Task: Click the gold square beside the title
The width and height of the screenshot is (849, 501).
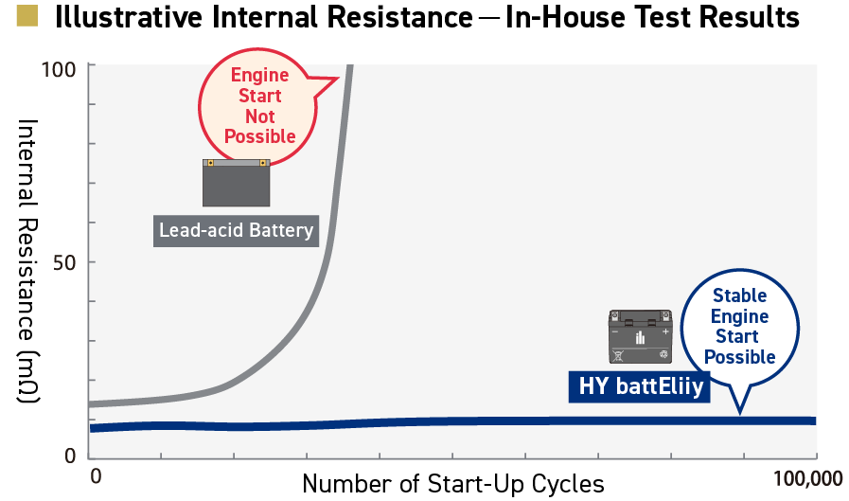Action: point(27,16)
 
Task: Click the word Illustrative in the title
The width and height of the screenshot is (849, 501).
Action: point(129,17)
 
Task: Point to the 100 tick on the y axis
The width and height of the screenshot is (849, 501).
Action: point(59,69)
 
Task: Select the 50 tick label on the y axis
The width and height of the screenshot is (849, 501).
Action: point(64,262)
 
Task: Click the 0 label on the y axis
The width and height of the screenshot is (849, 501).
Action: point(70,456)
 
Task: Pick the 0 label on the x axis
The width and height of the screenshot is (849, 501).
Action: point(96,476)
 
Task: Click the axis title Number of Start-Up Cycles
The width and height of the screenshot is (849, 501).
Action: point(453,484)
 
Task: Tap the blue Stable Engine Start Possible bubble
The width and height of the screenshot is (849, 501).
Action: point(739,327)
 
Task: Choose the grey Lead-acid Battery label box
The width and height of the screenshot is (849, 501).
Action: point(236,231)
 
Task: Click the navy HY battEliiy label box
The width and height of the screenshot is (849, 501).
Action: point(640,386)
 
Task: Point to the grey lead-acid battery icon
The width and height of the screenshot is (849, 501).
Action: point(236,183)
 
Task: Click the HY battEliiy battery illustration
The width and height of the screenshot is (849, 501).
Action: point(641,336)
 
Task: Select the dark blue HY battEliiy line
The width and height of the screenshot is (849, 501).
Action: point(452,423)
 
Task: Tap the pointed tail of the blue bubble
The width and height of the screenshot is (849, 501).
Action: point(739,414)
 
